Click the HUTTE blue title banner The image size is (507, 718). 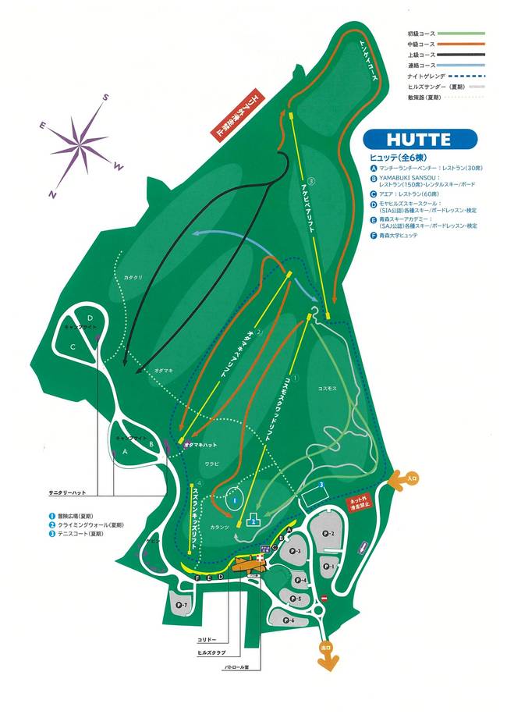pyautogui.click(x=419, y=140)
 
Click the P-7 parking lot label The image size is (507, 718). pyautogui.click(x=181, y=604)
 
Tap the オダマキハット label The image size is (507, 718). pyautogui.click(x=199, y=444)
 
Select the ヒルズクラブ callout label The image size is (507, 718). pyautogui.click(x=211, y=652)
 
